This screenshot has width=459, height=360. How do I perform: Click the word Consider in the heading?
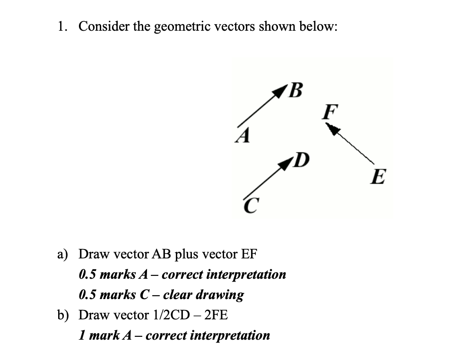click(x=104, y=26)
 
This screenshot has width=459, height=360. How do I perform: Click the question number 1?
click(x=61, y=26)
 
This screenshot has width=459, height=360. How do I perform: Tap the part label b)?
click(x=64, y=315)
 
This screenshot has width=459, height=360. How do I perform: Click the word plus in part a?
click(x=188, y=255)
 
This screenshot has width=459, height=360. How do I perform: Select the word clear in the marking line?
click(x=179, y=295)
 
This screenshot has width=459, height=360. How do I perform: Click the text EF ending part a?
click(x=249, y=254)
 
